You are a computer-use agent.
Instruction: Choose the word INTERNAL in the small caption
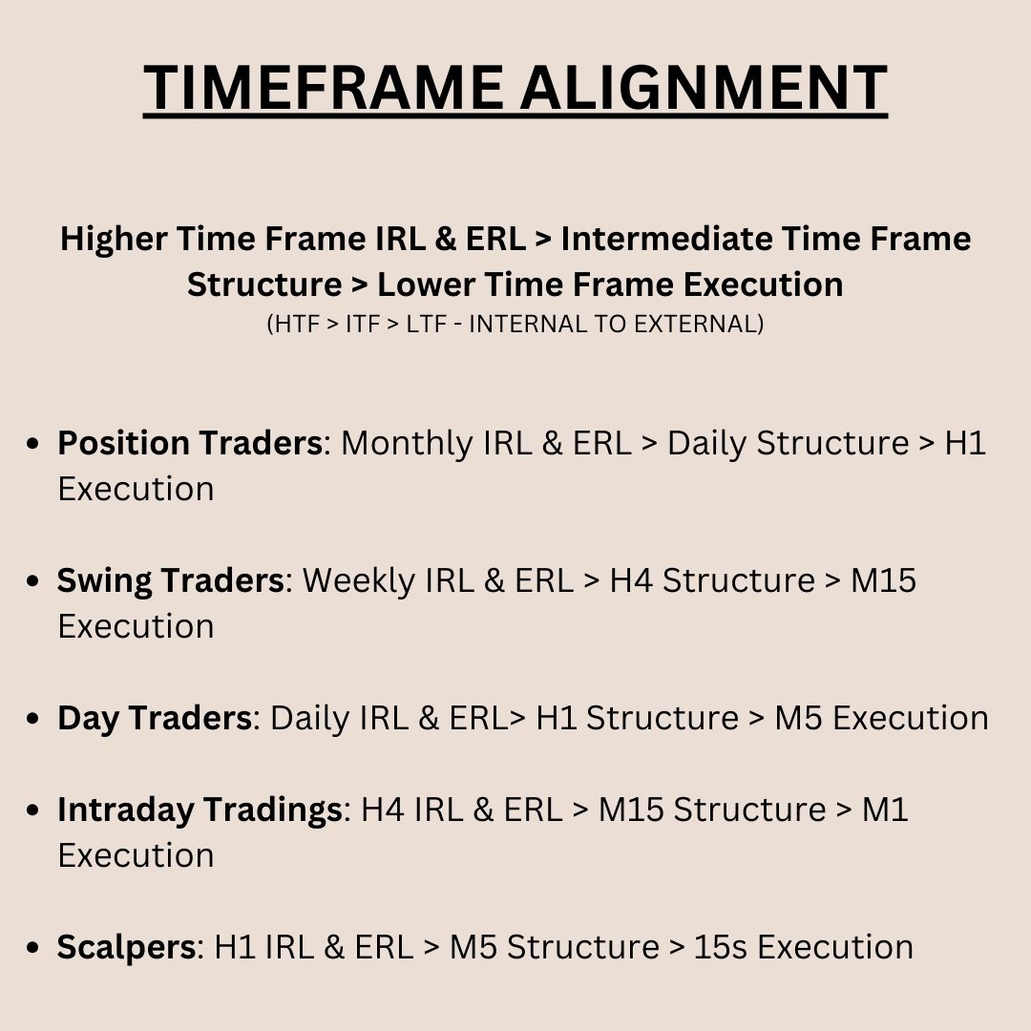pos(522,324)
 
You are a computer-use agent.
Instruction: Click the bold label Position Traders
pos(189,443)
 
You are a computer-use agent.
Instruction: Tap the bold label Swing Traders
pos(170,580)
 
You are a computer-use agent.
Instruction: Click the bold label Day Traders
pos(155,718)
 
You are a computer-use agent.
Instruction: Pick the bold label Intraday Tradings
pos(200,810)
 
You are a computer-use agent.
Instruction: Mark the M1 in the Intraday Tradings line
pos(885,810)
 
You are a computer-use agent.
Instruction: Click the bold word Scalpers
pos(126,947)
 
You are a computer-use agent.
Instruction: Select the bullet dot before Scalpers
pos(35,949)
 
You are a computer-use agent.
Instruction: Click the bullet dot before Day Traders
pos(35,720)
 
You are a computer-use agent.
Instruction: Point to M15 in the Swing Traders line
pos(883,580)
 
